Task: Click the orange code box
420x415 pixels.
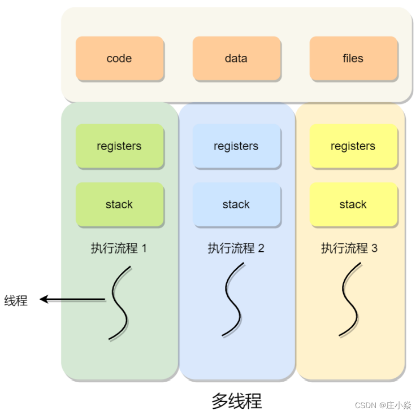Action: point(119,59)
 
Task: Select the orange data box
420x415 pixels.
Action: point(236,59)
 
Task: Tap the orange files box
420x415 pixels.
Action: point(353,59)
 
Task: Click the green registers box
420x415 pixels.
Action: point(119,146)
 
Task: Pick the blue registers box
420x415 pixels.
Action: point(236,146)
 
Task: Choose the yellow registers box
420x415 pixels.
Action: point(353,146)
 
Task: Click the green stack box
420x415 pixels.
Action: point(119,204)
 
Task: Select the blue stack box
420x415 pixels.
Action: point(236,204)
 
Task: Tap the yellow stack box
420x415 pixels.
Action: point(353,204)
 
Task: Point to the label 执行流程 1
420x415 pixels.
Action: point(119,248)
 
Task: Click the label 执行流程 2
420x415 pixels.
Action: point(236,248)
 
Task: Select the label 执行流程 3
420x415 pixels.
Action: point(349,248)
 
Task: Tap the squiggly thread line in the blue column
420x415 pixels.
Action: point(233,299)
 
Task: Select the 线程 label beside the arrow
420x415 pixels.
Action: point(16,300)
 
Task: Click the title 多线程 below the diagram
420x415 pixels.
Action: point(236,401)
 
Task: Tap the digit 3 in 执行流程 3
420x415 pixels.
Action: point(374,248)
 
